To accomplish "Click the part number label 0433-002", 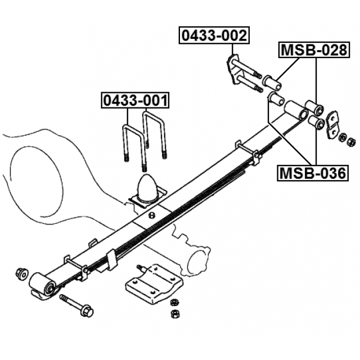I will coord(214,35).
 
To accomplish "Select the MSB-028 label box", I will coord(313,50).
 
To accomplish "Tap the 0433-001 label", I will coord(134,101).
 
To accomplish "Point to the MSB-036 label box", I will coord(313,173).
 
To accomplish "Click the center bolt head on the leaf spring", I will coord(151,217).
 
